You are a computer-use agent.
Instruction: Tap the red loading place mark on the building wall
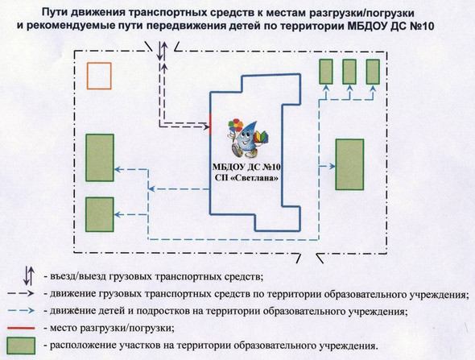pyautogui.click(x=211, y=124)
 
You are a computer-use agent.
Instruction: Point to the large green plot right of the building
pyautogui.click(x=349, y=164)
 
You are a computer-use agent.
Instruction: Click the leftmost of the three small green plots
pyautogui.click(x=326, y=72)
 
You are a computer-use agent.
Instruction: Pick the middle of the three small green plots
pyautogui.click(x=349, y=72)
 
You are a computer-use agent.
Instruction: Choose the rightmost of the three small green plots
pyautogui.click(x=373, y=72)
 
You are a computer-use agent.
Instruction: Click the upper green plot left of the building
pyautogui.click(x=100, y=158)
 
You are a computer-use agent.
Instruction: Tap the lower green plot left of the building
pyautogui.click(x=100, y=214)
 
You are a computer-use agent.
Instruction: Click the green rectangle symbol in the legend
pyautogui.click(x=21, y=346)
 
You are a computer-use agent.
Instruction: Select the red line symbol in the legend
pyautogui.click(x=21, y=328)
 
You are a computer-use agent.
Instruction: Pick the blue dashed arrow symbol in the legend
pyautogui.click(x=21, y=311)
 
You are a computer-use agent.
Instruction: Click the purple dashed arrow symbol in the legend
pyautogui.click(x=21, y=294)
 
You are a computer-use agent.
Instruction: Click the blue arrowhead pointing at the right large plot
pyautogui.click(x=332, y=167)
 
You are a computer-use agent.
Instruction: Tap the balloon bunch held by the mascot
pyautogui.click(x=236, y=126)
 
